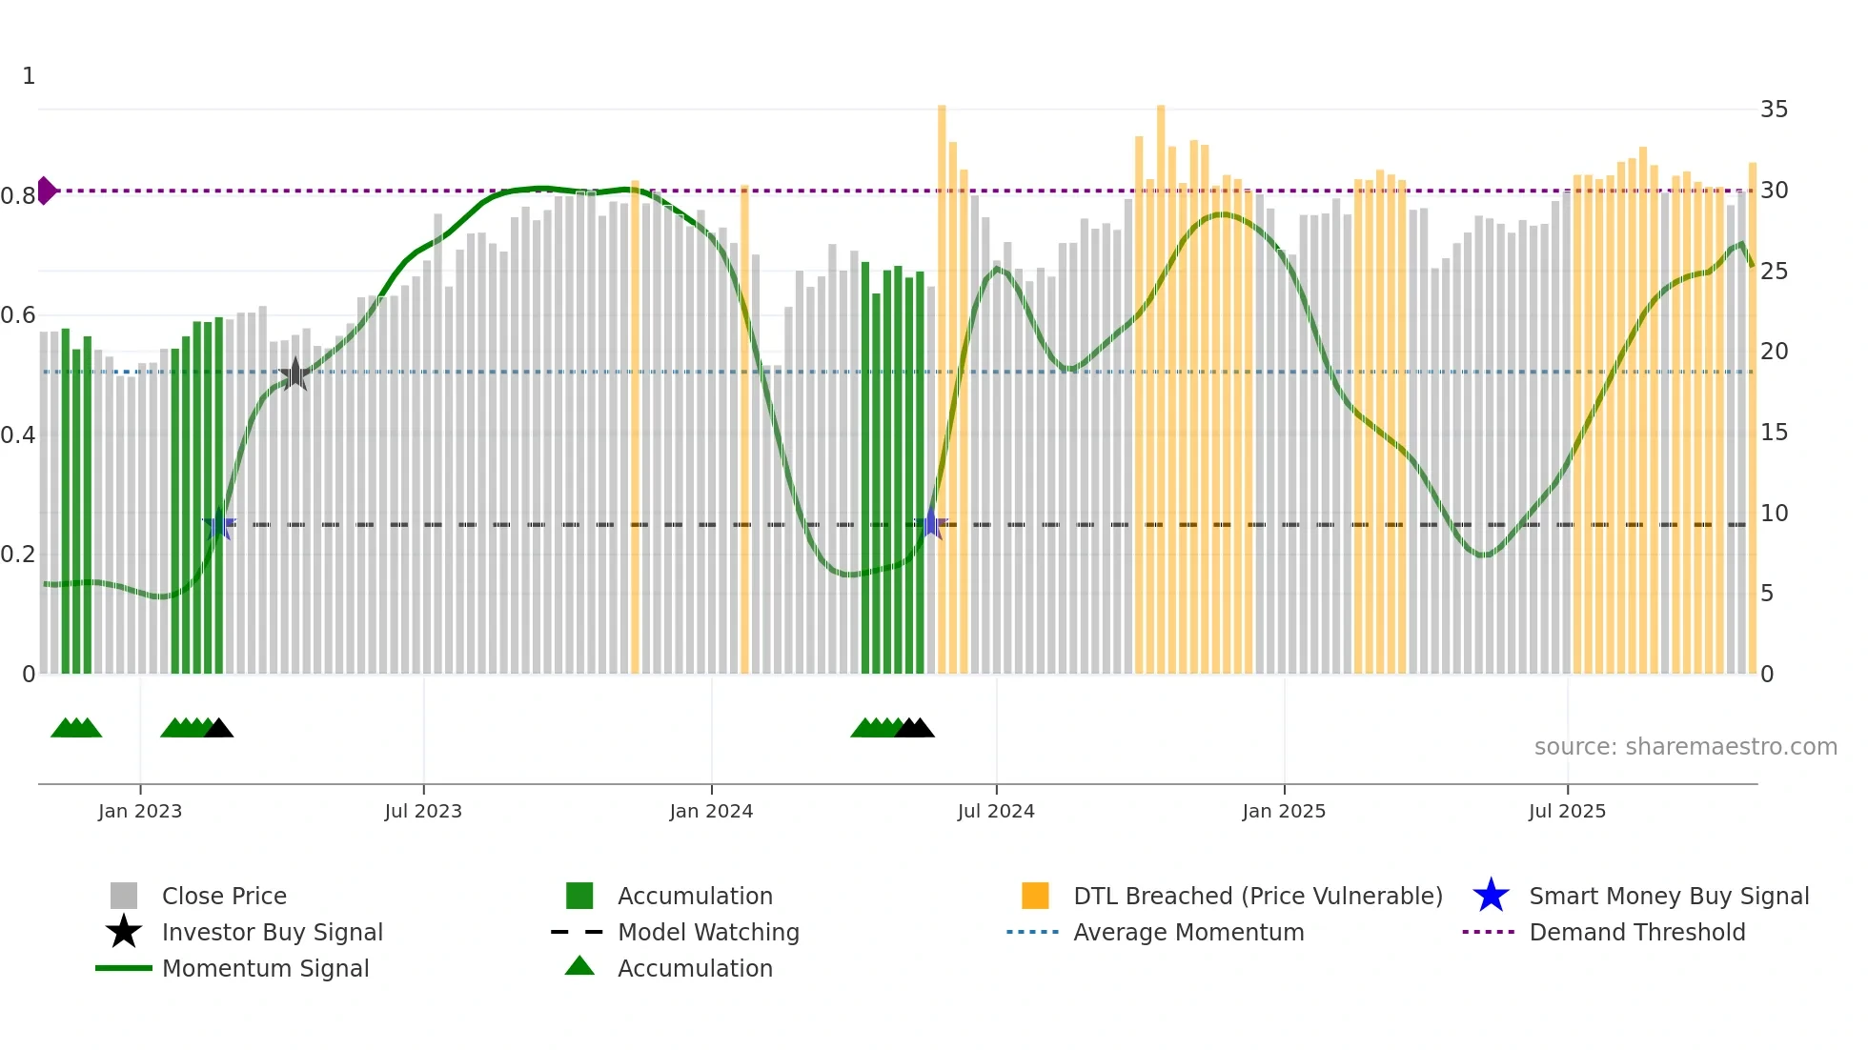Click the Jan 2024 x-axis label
(711, 811)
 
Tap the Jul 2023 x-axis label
(423, 811)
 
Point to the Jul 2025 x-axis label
(1567, 811)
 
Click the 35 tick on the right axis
(1774, 110)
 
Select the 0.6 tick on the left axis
(18, 315)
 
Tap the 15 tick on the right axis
(1774, 433)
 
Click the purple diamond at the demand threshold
(46, 191)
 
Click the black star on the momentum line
(295, 374)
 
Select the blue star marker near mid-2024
(931, 524)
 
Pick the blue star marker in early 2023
(219, 524)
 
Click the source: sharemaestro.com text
(1685, 747)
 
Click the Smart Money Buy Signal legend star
(1491, 896)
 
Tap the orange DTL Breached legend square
(1035, 896)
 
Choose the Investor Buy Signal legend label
(273, 932)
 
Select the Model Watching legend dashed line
(578, 932)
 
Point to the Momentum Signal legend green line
(124, 968)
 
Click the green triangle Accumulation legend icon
(579, 966)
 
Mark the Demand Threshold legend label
(1637, 932)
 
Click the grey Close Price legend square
(124, 896)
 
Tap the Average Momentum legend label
(1188, 932)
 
